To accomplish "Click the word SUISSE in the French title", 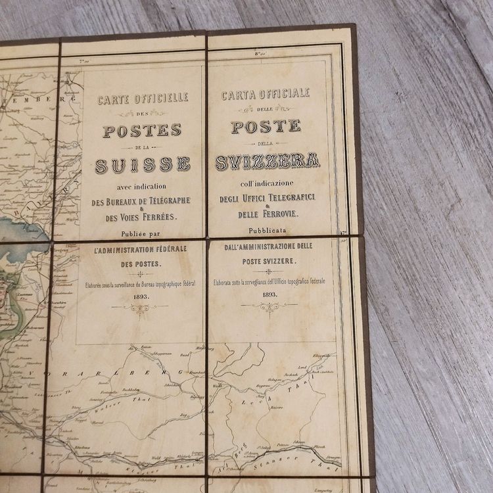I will (143, 164).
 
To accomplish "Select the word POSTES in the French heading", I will (141, 130).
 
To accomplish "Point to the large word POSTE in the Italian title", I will (266, 126).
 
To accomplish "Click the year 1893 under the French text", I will (141, 296).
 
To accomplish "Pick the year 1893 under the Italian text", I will (269, 294).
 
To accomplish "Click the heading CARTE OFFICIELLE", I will (143, 98).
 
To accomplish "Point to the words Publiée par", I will (141, 232).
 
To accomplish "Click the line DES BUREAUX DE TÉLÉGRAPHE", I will (141, 200).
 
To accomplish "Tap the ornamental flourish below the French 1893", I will (139, 308).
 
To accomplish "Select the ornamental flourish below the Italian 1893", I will (269, 306).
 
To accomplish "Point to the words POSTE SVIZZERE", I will (268, 261).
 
